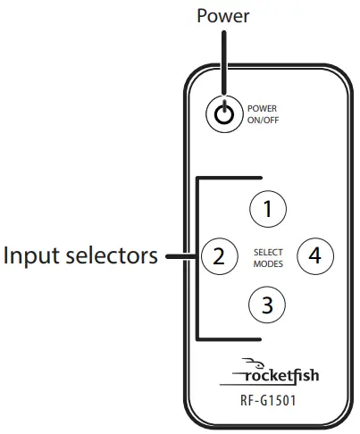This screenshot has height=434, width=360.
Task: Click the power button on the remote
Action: click(224, 113)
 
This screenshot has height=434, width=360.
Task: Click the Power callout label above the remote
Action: click(223, 15)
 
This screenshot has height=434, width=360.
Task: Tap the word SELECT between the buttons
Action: click(266, 252)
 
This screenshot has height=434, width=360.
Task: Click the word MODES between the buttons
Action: click(266, 263)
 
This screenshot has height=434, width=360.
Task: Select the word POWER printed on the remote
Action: click(262, 109)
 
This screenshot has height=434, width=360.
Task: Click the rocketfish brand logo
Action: click(280, 374)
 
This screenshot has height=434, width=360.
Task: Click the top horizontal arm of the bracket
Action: click(229, 177)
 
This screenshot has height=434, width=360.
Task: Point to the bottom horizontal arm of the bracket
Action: click(229, 340)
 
